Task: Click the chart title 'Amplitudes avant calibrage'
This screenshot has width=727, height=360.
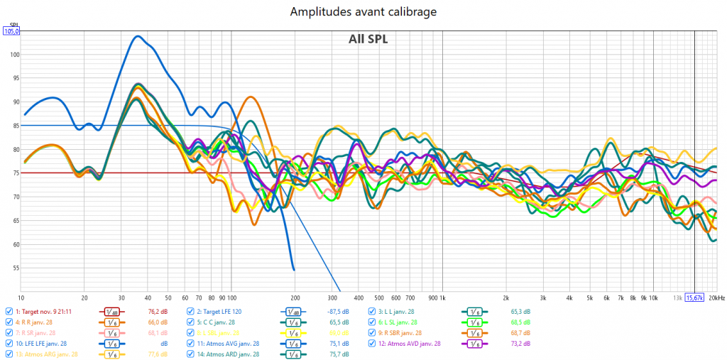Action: point(363,12)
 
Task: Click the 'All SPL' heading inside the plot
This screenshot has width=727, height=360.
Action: point(368,39)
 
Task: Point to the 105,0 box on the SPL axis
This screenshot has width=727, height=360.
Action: point(12,31)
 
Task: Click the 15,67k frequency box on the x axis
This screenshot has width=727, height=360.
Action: point(694,298)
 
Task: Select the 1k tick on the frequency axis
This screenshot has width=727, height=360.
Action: point(442,298)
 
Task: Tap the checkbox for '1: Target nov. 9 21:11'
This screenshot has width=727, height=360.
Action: point(9,311)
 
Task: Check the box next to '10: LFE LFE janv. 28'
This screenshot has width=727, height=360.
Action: point(9,343)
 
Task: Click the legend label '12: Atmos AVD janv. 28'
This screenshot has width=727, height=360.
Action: point(411,343)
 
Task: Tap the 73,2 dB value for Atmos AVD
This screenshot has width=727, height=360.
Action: point(520,343)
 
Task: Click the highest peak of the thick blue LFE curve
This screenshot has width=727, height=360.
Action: point(138,36)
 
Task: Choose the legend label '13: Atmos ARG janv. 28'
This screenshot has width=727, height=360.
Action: point(47,354)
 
